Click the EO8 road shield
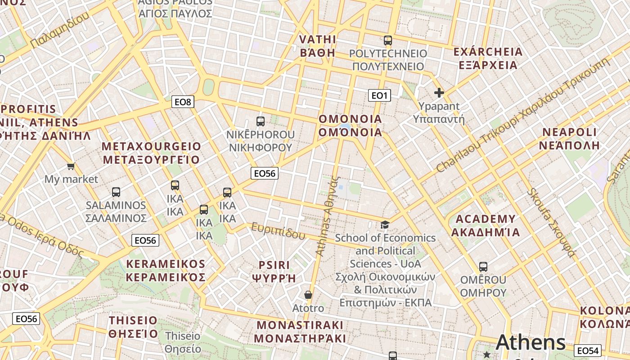coord(183,102)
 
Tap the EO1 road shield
coord(379,95)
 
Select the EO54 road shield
coord(588,351)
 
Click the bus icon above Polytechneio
coord(388,40)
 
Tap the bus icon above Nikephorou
coord(260,121)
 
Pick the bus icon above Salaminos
coord(116,192)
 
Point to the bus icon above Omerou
coord(483,267)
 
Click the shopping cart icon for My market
coord(71,166)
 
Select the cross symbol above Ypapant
coord(439,93)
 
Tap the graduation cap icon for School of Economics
coord(385,225)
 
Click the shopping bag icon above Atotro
coord(308,295)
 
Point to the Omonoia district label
coord(350,126)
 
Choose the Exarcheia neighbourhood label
coord(488,58)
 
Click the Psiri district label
coord(274,271)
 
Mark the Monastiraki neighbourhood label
coord(300,331)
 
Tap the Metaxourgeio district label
coord(151,153)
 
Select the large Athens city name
coord(531,343)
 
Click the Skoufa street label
coord(551,223)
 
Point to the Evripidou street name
coord(278,230)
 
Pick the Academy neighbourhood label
coord(486,225)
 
